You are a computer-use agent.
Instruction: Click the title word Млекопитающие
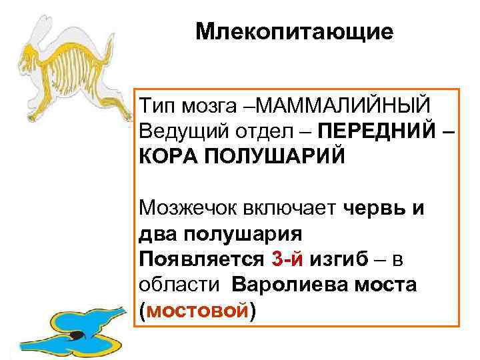point(295,32)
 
